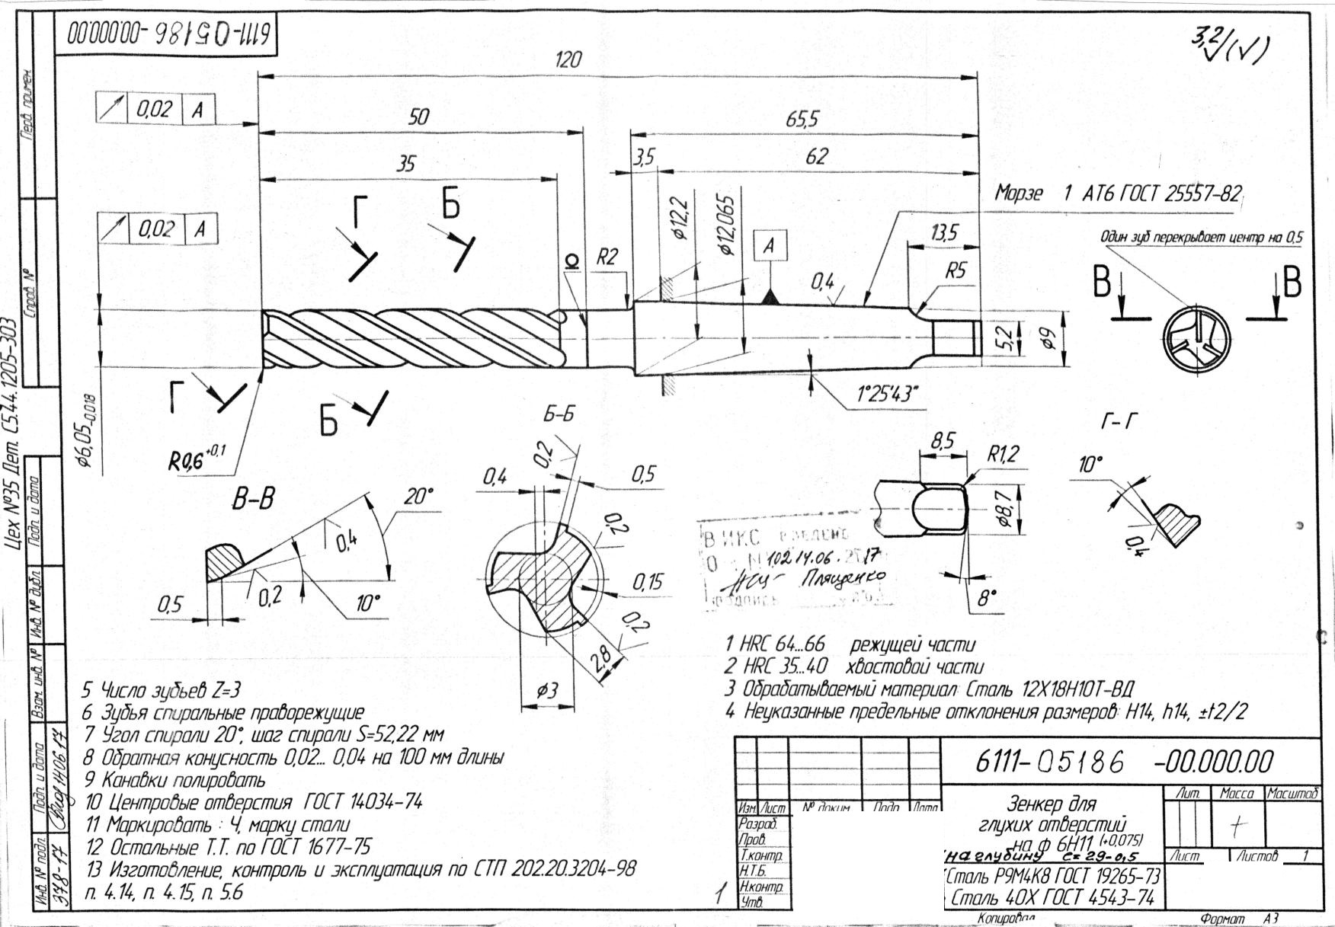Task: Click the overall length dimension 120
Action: [x=568, y=60]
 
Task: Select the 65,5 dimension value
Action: [x=802, y=120]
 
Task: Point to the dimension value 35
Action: [x=407, y=164]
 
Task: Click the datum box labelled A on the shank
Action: [x=770, y=245]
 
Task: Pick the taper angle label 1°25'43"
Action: [x=888, y=394]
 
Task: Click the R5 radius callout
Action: [x=956, y=270]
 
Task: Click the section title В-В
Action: [x=253, y=500]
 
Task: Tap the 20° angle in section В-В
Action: [x=418, y=497]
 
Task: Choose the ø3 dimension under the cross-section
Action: [x=548, y=691]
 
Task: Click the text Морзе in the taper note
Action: [x=1018, y=193]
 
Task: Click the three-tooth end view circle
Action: [x=1196, y=341]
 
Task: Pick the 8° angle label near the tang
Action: [x=987, y=598]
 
